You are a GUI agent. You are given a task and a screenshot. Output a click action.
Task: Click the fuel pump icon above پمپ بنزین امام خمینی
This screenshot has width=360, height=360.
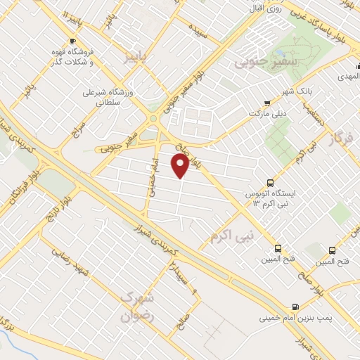295,306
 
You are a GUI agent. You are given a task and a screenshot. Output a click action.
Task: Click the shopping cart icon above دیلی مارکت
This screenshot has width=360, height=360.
266,102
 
